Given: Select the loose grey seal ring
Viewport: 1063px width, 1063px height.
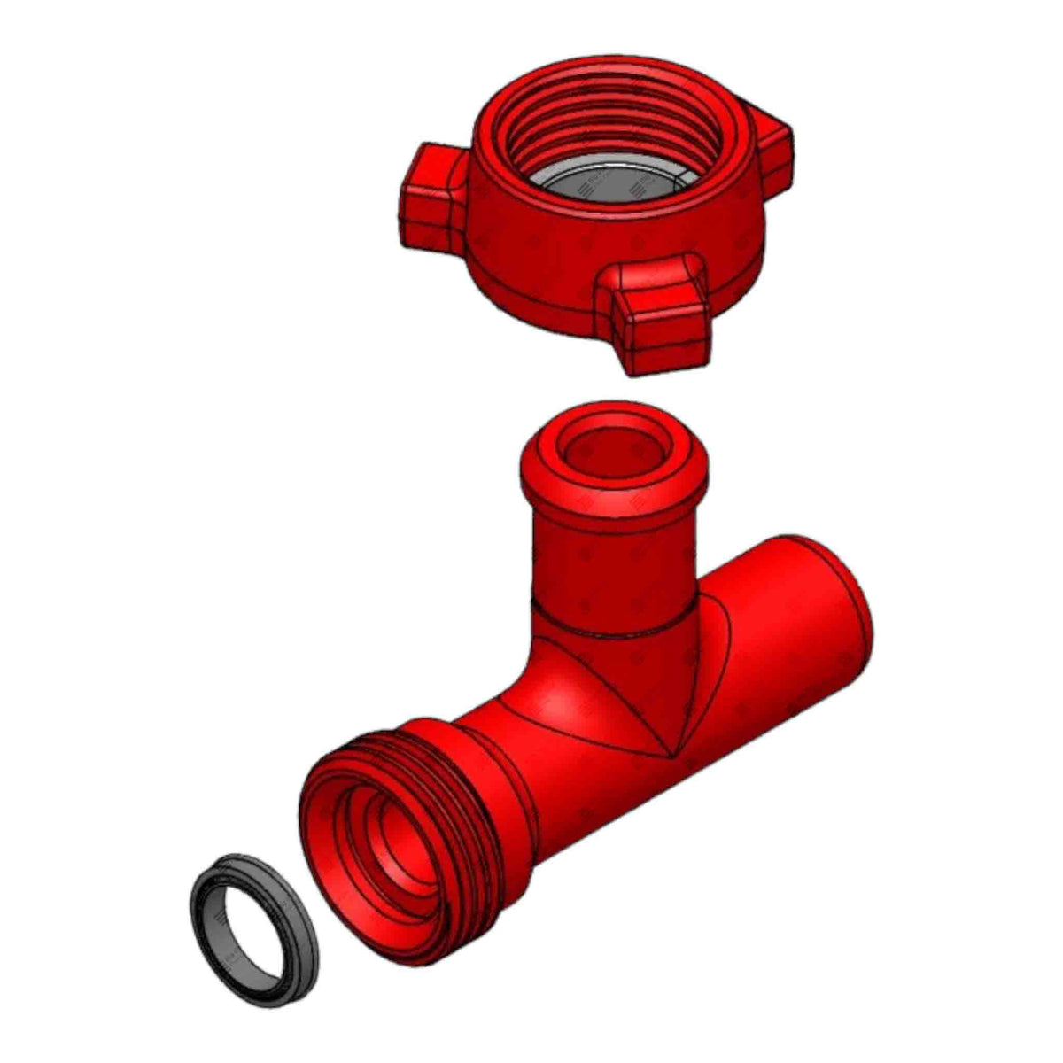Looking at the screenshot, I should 213,939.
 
